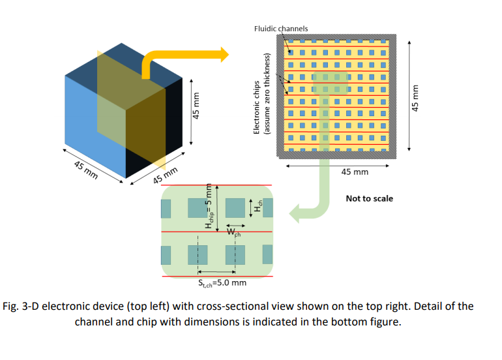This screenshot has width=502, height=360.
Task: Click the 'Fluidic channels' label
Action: (x=281, y=29)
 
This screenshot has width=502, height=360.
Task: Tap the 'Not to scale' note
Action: (x=369, y=198)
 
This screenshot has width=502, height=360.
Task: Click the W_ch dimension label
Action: (x=233, y=232)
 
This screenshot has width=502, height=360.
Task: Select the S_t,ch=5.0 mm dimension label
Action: (x=222, y=282)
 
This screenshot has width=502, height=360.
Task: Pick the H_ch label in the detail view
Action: (x=259, y=207)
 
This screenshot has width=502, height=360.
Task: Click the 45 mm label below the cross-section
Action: (x=355, y=172)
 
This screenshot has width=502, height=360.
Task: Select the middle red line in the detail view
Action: (x=216, y=232)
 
